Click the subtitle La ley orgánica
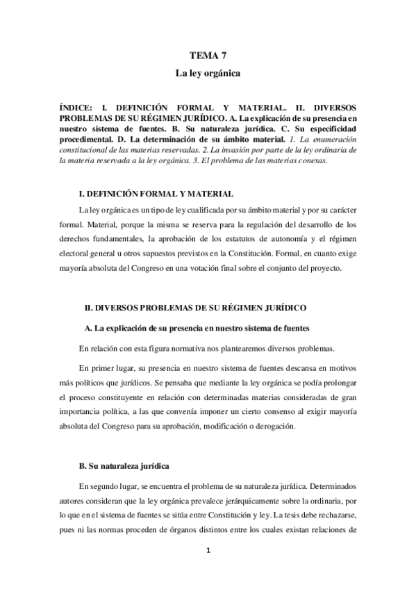pyautogui.click(x=208, y=72)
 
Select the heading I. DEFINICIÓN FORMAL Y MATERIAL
pyautogui.click(x=157, y=193)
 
